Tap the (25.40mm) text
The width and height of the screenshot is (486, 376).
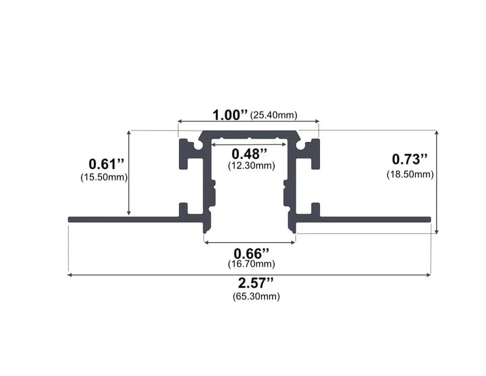[x=273, y=116]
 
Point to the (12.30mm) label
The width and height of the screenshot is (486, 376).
[x=250, y=165]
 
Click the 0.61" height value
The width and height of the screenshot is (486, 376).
[x=107, y=164]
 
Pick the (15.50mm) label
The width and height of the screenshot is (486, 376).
[x=104, y=177]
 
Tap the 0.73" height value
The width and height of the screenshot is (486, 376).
[x=410, y=160]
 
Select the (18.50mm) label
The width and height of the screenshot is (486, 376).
[x=410, y=174]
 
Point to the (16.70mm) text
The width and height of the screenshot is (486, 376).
[x=250, y=264]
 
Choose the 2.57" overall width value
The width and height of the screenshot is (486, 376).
[x=250, y=283]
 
